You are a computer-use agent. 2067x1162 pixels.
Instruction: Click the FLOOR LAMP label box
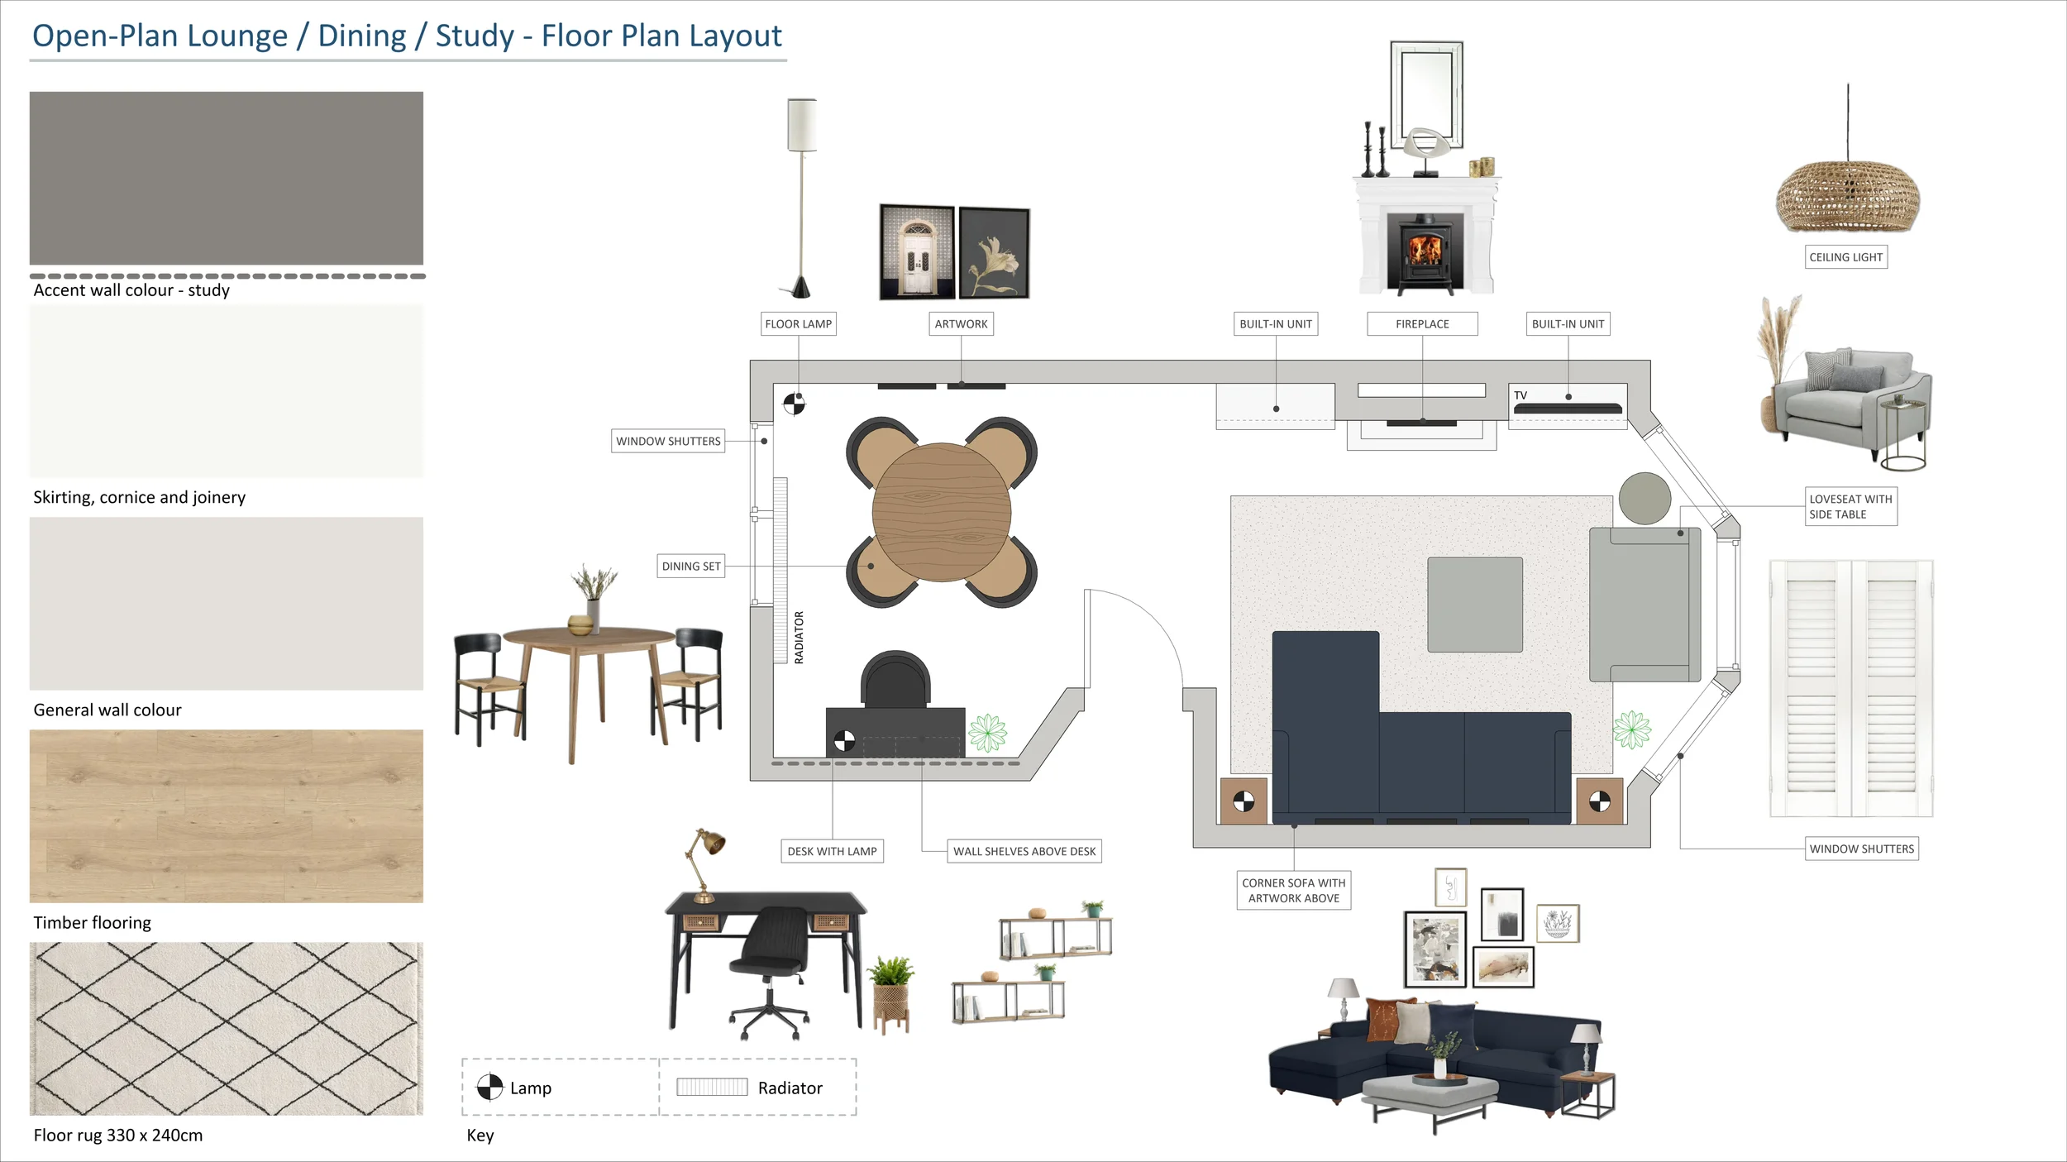coord(798,323)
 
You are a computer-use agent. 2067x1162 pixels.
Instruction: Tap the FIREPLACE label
coord(1421,323)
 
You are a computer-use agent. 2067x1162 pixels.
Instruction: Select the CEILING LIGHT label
coord(1845,257)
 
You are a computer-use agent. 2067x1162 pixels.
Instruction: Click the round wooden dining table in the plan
coord(941,512)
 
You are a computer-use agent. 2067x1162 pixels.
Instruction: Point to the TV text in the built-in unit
coord(1520,395)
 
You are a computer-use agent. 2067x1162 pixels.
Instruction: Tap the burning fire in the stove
coord(1425,249)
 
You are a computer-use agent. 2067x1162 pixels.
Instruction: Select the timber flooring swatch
coord(226,815)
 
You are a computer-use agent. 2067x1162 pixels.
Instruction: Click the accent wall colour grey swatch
coord(226,178)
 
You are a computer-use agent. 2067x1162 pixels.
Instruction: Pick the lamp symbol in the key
coord(489,1087)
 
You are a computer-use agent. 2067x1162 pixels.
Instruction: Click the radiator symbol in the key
coord(711,1087)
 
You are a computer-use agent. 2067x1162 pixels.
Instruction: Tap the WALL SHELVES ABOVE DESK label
coord(1024,851)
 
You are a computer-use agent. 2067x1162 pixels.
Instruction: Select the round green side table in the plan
coord(1644,498)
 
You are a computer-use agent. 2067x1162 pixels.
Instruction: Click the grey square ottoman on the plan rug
coord(1474,605)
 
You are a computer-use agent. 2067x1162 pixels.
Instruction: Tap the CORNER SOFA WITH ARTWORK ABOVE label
coord(1293,890)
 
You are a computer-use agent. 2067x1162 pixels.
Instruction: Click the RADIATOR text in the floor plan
coord(799,637)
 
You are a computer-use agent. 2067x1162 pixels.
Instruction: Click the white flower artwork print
coord(994,253)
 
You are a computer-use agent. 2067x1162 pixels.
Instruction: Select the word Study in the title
coord(475,36)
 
